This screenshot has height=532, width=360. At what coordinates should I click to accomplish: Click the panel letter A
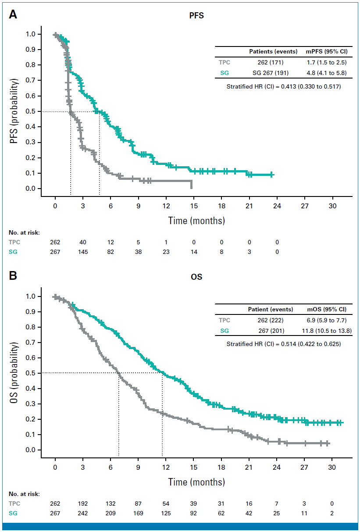(14, 14)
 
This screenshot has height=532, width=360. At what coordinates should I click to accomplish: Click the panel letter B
(14, 276)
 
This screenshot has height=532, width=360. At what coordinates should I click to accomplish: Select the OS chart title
(193, 277)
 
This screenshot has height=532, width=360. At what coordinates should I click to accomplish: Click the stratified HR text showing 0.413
(284, 87)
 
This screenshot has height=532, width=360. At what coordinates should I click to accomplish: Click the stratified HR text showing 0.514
(284, 344)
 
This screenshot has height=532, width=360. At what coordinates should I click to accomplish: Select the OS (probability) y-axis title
(15, 373)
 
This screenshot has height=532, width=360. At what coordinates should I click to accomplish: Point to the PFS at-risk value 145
(83, 251)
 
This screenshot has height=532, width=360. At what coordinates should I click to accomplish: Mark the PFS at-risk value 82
(110, 251)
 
